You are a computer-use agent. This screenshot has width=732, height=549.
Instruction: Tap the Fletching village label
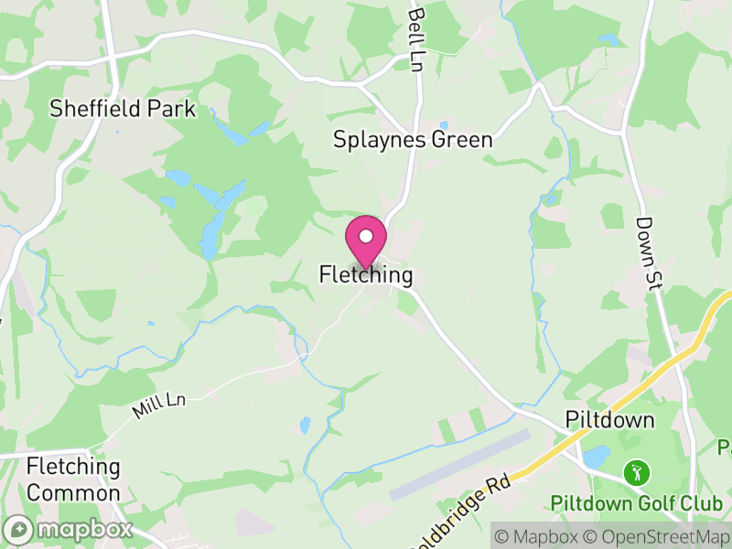pos(366,274)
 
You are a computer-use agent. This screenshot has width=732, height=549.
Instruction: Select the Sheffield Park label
pos(123,109)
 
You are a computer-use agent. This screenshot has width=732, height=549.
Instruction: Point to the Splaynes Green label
pos(413,140)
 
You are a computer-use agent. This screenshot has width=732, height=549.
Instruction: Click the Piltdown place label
pos(610,420)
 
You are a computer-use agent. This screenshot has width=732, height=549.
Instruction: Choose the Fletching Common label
pos(73,479)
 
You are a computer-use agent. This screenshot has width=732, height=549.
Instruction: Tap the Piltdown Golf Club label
pos(637,503)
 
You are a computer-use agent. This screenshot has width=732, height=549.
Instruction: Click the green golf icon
pos(635,473)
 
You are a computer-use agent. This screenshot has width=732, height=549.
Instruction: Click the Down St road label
pos(648,255)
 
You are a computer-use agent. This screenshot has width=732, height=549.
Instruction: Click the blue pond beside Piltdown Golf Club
pos(596,456)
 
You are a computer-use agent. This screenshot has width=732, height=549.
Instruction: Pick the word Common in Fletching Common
pos(73,492)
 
